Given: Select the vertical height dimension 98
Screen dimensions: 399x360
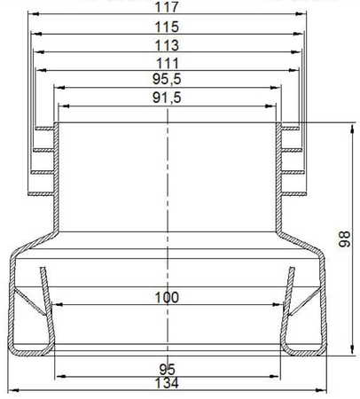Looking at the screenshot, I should (x=344, y=239).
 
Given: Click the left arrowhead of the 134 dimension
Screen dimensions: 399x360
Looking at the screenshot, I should (x=12, y=391).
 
